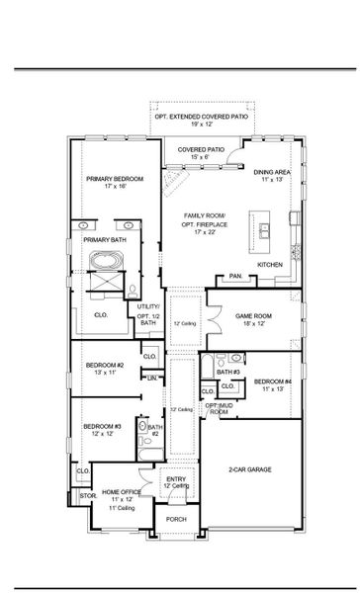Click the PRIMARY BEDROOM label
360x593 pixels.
(x=115, y=179)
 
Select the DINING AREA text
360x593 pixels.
(x=270, y=171)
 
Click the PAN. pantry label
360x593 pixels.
(x=235, y=276)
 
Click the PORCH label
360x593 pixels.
(x=176, y=519)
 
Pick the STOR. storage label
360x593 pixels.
(x=86, y=495)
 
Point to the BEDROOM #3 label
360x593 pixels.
(x=103, y=426)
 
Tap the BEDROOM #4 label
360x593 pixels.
(x=272, y=381)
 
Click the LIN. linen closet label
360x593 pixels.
(x=152, y=378)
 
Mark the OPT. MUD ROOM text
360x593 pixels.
(x=218, y=408)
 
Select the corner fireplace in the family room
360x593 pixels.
(x=174, y=181)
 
